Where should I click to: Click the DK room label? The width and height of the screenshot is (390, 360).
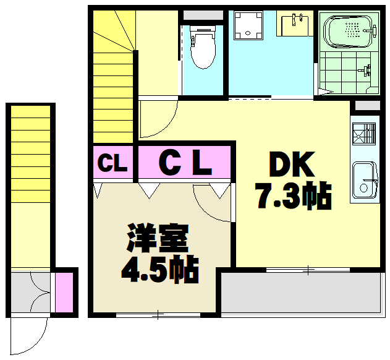tap(292, 165)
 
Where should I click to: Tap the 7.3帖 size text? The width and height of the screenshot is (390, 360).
tap(293, 196)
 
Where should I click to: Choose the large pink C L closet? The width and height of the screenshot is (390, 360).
tap(185, 163)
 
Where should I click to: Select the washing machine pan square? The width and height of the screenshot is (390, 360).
tap(250, 25)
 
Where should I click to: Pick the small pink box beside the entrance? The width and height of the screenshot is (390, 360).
tap(64, 291)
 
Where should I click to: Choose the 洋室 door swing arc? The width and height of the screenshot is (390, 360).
tap(210, 204)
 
